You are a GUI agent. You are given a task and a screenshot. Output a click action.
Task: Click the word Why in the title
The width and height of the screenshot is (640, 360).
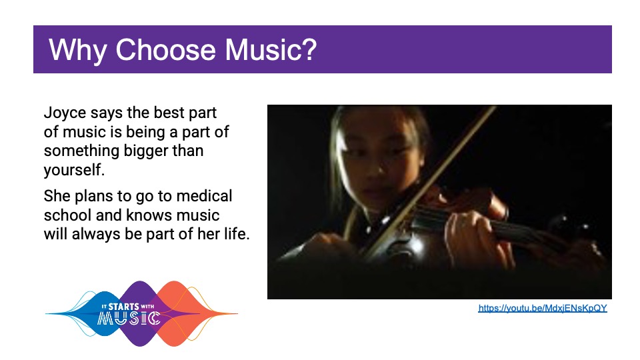[77, 50]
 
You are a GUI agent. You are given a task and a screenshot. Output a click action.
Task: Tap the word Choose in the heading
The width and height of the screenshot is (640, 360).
[165, 50]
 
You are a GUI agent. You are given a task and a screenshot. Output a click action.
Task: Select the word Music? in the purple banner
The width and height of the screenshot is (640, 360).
[271, 50]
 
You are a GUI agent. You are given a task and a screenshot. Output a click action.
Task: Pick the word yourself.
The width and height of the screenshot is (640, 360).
[74, 170]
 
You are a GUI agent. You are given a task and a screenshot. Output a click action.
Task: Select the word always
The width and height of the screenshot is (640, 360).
[95, 234]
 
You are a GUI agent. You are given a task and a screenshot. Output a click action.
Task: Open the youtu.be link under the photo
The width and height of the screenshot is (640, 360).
[543, 308]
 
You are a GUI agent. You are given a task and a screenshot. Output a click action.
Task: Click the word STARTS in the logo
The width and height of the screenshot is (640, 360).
[123, 307]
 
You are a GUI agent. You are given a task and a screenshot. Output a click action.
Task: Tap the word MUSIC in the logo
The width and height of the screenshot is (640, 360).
[129, 319]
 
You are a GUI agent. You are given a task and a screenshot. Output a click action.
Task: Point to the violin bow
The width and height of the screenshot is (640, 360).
[429, 179]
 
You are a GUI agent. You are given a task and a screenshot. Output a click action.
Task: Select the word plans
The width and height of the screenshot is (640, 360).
[93, 196]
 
